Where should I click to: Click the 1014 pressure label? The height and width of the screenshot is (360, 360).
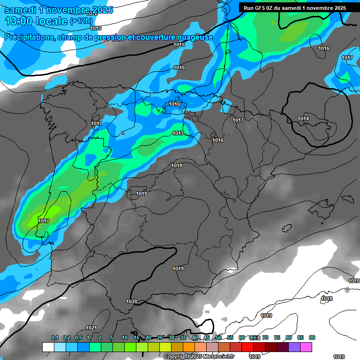(x=303, y=119)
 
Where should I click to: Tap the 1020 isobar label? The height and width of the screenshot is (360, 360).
(x=132, y=301)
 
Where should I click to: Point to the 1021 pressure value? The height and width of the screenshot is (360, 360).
(x=91, y=328)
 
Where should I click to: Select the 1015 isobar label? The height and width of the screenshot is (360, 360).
(x=179, y=45)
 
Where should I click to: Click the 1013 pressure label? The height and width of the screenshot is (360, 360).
(x=96, y=28)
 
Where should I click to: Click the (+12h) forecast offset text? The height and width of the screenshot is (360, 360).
(x=81, y=21)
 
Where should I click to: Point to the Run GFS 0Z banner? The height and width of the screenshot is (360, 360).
(x=295, y=8)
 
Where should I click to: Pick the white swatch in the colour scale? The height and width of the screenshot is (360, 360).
(x=48, y=347)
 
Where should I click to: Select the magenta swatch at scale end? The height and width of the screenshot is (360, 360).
(x=306, y=347)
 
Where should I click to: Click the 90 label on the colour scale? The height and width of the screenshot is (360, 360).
(x=312, y=337)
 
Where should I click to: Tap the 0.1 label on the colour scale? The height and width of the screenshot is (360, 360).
(x=55, y=337)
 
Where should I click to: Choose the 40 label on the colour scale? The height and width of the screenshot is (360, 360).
(x=195, y=337)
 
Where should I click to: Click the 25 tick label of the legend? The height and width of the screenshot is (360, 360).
(x=160, y=337)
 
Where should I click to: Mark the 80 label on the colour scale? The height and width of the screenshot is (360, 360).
(x=289, y=337)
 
